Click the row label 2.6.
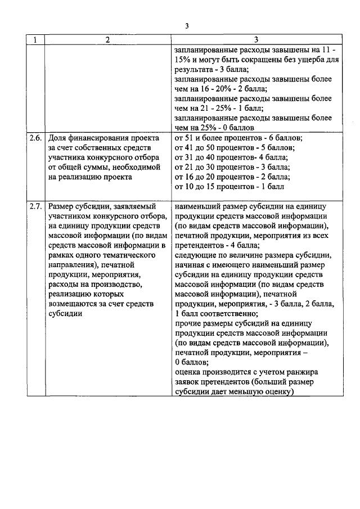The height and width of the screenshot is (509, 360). [x=37, y=137]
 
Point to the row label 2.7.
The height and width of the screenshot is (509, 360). [x=37, y=206]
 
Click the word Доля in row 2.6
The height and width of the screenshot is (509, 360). [x=58, y=137]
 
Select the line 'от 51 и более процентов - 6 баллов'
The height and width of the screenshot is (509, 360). [x=239, y=137]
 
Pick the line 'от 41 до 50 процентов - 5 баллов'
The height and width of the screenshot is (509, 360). [x=235, y=147]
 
